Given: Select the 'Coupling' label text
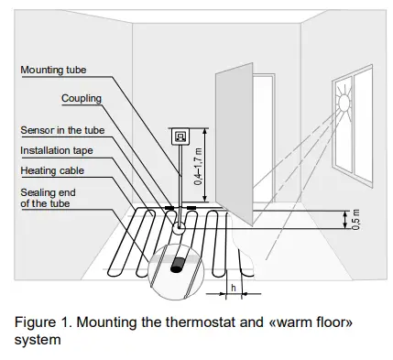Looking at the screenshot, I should coord(82,98).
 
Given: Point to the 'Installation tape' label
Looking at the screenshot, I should coord(57,149).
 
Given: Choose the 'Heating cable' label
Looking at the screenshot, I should coord(51,170).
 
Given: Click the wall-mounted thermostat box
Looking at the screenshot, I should coord(180,136).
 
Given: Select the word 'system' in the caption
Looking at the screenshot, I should coord(36,340).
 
